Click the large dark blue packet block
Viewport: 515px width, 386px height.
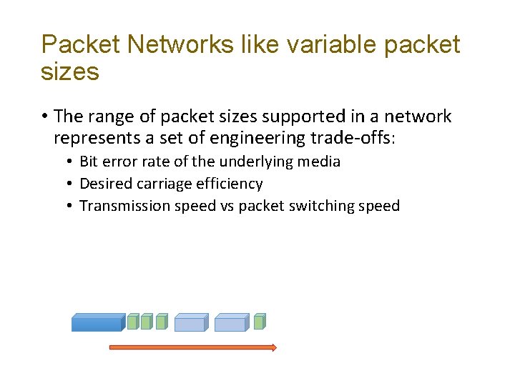point(97,323)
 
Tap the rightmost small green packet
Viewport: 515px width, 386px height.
point(260,322)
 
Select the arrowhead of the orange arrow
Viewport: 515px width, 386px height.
point(273,347)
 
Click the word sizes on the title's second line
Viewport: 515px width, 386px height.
point(70,71)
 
